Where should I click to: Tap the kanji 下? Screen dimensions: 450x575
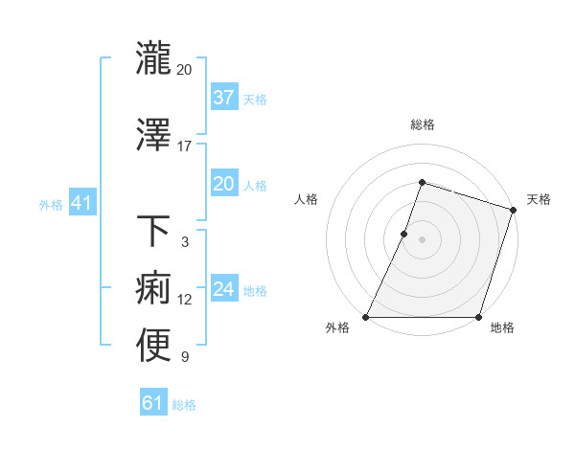(x=153, y=232)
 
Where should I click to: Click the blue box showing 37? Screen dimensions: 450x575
(x=223, y=98)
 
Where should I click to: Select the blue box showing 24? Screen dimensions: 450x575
(x=223, y=289)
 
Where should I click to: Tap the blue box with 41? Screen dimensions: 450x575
(x=81, y=203)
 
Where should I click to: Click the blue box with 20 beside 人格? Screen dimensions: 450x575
(x=223, y=184)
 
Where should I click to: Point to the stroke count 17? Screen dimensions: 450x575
(x=185, y=146)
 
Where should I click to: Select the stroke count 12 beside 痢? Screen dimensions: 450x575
(x=185, y=300)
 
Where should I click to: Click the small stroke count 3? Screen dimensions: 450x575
(x=185, y=242)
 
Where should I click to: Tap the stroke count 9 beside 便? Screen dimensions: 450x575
(x=185, y=358)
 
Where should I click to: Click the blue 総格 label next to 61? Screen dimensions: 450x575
(x=184, y=405)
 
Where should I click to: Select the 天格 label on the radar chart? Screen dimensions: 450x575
(x=539, y=199)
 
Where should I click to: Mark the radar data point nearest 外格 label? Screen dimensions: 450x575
(x=366, y=317)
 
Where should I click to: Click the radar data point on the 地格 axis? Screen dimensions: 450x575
(x=478, y=317)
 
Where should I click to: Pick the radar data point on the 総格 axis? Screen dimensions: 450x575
(x=422, y=182)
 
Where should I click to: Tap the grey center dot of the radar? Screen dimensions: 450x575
(x=422, y=239)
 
